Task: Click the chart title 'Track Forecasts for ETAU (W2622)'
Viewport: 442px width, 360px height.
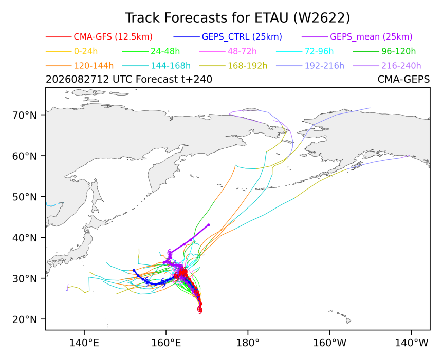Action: point(237,18)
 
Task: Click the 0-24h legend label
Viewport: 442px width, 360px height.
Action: point(86,51)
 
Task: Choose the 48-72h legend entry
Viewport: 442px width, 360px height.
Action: point(242,51)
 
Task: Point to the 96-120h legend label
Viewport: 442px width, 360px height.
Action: point(399,51)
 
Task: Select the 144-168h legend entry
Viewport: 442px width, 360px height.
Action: point(171,66)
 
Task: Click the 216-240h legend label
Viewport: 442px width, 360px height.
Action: point(401,66)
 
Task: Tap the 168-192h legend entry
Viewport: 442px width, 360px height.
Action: point(248,66)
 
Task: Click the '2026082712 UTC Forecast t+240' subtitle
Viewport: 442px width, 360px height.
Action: point(129,80)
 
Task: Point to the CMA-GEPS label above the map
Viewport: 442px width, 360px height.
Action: point(403,80)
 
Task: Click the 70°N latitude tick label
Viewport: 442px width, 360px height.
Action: point(25,115)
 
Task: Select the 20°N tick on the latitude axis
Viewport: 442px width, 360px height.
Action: point(25,319)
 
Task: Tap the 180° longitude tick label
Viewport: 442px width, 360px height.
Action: point(248,343)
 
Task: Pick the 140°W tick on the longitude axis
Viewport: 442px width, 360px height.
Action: point(412,343)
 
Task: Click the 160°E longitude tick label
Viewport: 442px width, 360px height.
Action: point(166,343)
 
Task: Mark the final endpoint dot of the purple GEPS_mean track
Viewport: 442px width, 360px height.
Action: point(209,225)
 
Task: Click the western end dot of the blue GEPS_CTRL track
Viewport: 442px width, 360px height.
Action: point(134,270)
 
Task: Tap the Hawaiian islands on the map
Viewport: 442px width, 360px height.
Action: point(341,316)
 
